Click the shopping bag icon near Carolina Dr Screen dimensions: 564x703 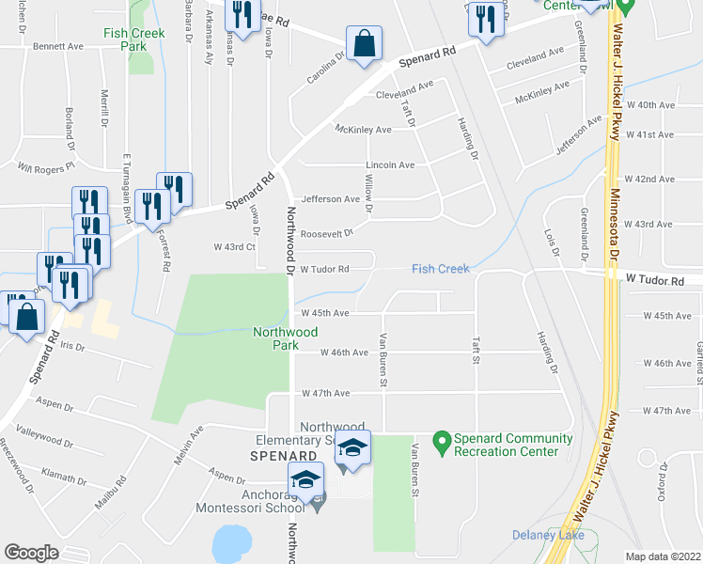pos(363,43)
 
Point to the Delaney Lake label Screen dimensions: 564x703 pos(549,535)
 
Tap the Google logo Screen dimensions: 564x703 pos(32,553)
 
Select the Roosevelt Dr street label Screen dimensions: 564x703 pos(327,233)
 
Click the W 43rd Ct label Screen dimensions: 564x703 pos(234,246)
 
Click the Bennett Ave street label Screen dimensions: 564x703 pos(58,45)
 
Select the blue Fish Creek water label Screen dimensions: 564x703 pos(440,270)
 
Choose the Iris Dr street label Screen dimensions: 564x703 pos(72,347)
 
